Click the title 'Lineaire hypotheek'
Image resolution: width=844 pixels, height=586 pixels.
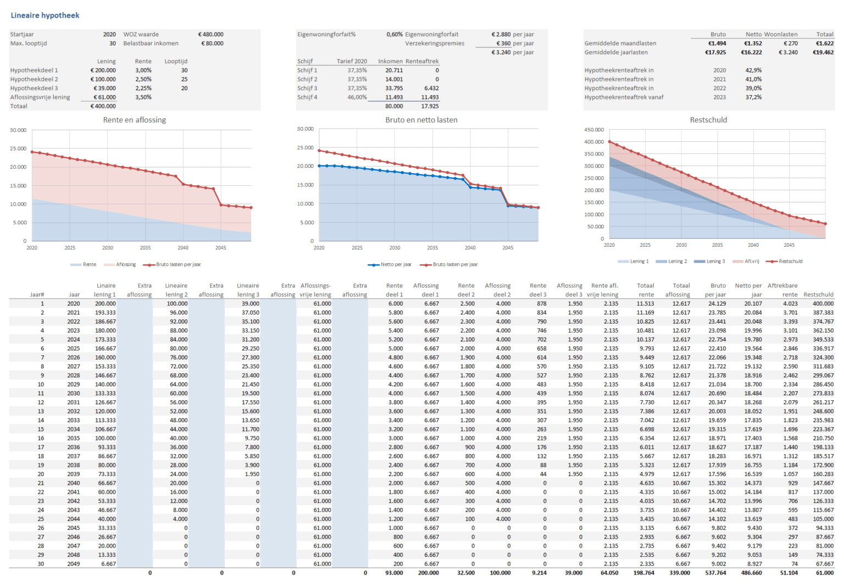pyautogui.click(x=45, y=15)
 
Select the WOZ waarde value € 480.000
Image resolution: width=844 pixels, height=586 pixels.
pyautogui.click(x=210, y=34)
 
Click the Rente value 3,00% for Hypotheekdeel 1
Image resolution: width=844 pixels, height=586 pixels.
pyautogui.click(x=143, y=70)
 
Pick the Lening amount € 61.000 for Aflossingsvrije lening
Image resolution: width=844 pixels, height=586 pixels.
pyautogui.click(x=104, y=97)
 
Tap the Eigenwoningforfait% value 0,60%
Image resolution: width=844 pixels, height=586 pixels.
pyautogui.click(x=394, y=34)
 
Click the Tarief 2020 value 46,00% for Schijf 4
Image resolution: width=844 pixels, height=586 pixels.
pyautogui.click(x=357, y=97)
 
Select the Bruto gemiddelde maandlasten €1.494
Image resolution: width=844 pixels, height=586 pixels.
pyautogui.click(x=717, y=43)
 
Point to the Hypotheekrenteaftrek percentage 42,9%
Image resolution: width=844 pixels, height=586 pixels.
pyautogui.click(x=753, y=70)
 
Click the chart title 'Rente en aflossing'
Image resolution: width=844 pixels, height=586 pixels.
pyautogui.click(x=134, y=120)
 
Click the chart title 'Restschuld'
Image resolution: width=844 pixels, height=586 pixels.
pyautogui.click(x=708, y=120)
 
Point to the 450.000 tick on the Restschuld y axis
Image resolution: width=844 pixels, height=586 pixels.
pyautogui.click(x=593, y=130)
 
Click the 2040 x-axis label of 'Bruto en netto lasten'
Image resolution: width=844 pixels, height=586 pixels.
pyautogui.click(x=470, y=248)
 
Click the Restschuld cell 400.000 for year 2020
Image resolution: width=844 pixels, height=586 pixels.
pyautogui.click(x=823, y=303)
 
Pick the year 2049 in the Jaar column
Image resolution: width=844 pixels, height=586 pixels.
pyautogui.click(x=74, y=564)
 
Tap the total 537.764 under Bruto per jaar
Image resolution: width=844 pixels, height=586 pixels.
pyautogui.click(x=715, y=573)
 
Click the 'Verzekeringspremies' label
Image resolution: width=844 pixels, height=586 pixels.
pyautogui.click(x=435, y=43)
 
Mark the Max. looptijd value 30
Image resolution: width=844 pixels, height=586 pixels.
pyautogui.click(x=112, y=43)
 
